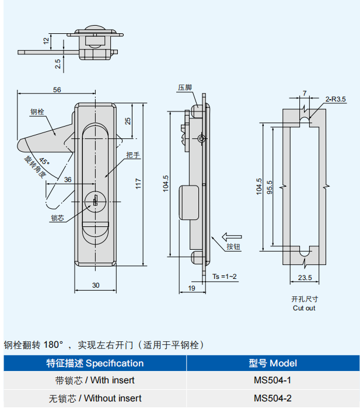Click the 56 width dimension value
[x=57, y=89]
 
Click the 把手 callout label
[x=133, y=155]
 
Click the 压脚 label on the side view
[x=184, y=88]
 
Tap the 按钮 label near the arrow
[x=233, y=247]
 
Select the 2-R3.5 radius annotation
[x=335, y=99]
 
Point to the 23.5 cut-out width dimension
[x=305, y=277]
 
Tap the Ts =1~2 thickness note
[x=225, y=275]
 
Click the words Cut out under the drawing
[x=304, y=307]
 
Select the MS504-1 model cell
[x=272, y=380]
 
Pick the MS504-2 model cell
[x=272, y=398]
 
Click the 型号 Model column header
[x=272, y=363]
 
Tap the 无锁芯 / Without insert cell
[x=95, y=398]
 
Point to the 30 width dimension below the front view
[x=96, y=285]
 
